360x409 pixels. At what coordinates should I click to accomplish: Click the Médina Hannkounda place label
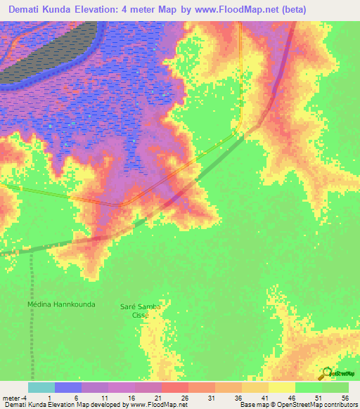(x=60, y=305)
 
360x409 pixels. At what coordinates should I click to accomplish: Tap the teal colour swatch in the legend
(x=41, y=387)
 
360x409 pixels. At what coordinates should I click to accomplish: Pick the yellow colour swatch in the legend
(x=282, y=387)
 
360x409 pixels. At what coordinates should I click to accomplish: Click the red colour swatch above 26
(x=175, y=387)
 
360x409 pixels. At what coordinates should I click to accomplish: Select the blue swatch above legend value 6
(x=68, y=387)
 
